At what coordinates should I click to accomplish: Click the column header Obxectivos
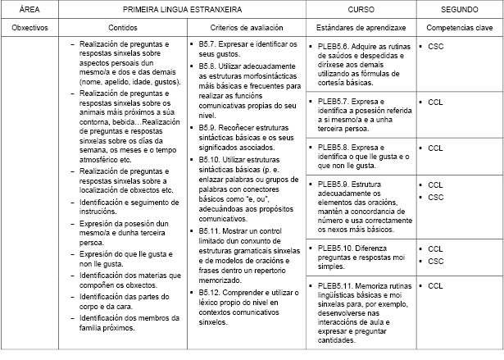click(30, 27)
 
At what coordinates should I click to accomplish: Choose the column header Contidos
click(122, 27)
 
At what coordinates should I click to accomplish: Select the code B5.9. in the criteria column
click(208, 129)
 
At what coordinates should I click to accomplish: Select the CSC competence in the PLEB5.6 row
click(435, 47)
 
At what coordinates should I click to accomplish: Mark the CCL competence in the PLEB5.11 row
click(435, 285)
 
